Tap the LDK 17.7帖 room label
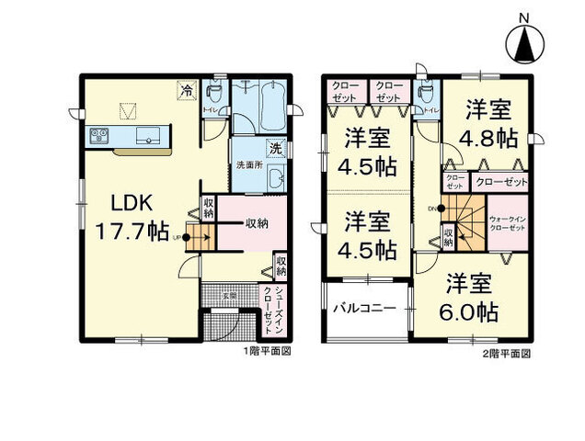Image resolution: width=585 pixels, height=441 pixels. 139,215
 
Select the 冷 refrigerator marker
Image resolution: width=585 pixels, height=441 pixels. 187,91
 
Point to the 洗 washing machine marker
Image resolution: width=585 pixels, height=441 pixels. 275,147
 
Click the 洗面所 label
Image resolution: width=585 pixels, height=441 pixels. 250,165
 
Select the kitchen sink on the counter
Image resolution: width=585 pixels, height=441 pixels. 148,138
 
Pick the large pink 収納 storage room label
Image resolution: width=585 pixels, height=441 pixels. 257,223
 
